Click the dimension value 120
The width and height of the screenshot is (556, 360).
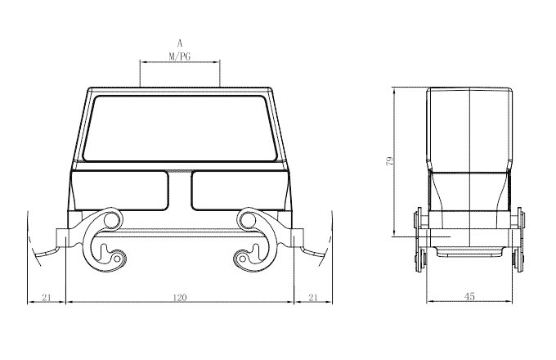tap(180, 298)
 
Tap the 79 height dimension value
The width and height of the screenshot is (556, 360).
tap(389, 161)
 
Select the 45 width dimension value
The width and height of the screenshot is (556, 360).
tap(469, 296)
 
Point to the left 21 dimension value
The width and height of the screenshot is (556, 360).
tap(47, 298)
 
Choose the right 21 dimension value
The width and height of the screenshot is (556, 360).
tap(312, 298)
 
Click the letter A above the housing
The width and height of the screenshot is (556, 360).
tap(180, 43)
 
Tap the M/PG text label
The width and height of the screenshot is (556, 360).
tap(179, 56)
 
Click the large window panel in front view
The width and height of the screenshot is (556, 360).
tap(180, 128)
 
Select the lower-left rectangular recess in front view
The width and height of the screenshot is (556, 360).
tap(120, 191)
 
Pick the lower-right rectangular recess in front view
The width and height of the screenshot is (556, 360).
tap(240, 191)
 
